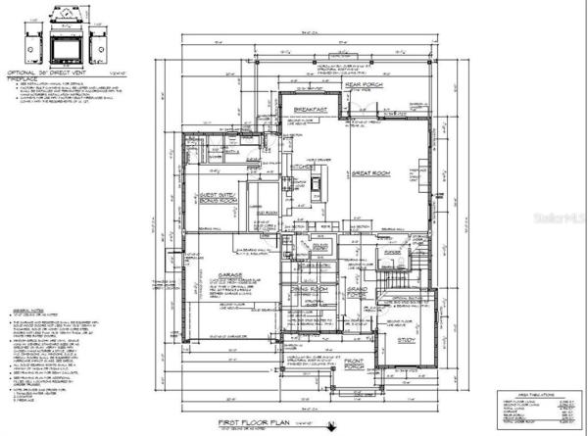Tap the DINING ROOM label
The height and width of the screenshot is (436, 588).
311,289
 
